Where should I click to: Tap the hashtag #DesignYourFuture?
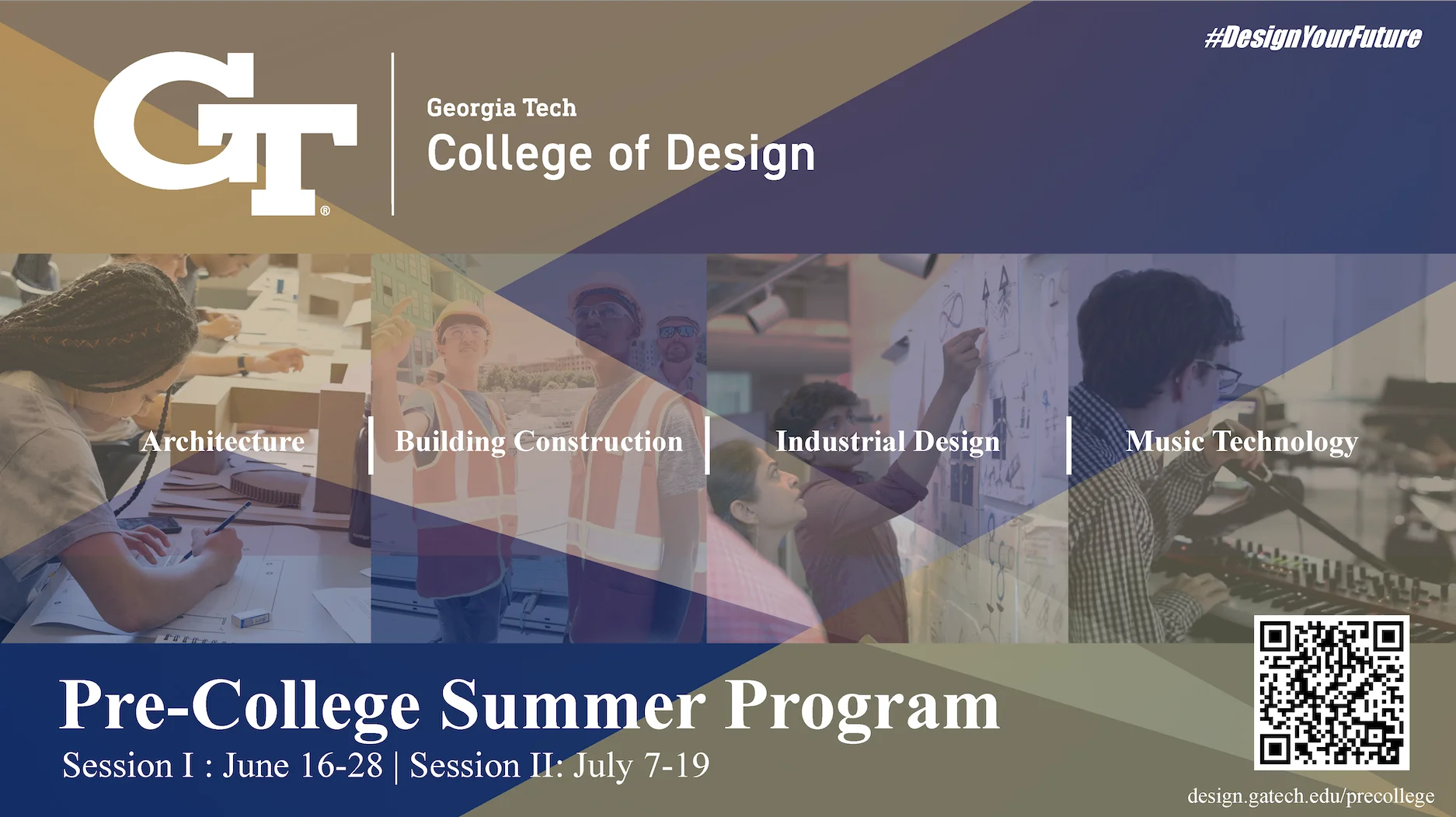1313,37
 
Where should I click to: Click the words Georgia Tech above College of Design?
502,108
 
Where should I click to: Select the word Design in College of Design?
740,154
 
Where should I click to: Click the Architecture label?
223,441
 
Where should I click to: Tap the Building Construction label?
539,442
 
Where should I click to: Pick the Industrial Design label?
888,442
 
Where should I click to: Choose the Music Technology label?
1242,442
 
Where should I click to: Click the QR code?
1332,693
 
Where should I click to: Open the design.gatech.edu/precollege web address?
1311,796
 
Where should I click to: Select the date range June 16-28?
303,766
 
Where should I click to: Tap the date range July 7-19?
642,767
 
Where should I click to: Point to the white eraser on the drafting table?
250,618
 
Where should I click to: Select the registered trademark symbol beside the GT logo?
325,210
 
